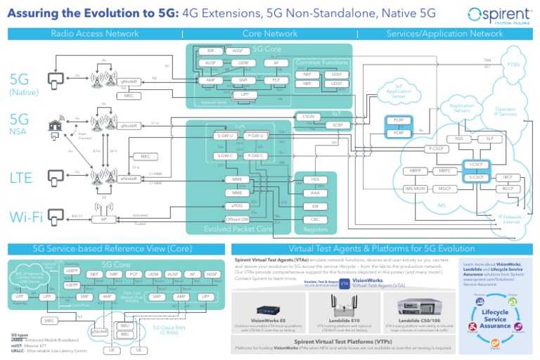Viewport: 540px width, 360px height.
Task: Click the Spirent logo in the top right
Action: [500, 15]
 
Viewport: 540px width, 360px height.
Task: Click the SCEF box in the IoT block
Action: [337, 124]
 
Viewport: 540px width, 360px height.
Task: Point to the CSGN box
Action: [307, 116]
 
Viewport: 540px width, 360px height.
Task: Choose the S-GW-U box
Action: [226, 136]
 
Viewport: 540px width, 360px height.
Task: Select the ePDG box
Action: [237, 205]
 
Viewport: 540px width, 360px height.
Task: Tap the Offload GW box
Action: [237, 219]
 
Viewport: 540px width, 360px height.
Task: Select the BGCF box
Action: [505, 188]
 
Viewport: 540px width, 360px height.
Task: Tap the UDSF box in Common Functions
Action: [336, 84]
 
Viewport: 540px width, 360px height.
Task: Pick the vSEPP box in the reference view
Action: [71, 271]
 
